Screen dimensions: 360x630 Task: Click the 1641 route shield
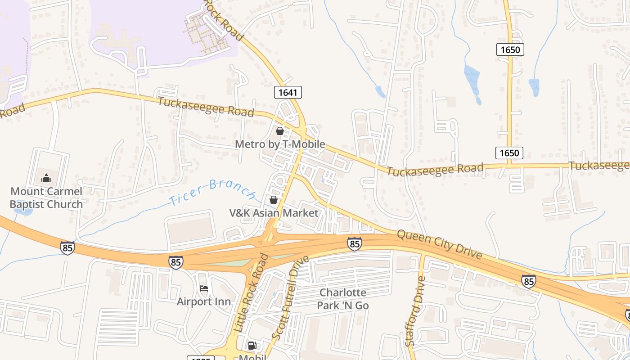point(288,92)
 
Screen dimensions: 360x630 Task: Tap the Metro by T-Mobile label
point(280,144)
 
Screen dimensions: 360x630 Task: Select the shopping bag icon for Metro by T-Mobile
point(279,131)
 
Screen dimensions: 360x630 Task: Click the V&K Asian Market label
point(274,213)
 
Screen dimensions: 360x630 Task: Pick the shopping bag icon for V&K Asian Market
point(273,200)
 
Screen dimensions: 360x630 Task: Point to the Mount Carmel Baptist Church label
point(46,198)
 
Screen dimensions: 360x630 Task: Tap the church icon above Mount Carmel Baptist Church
point(46,179)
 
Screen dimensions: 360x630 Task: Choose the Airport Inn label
point(203,301)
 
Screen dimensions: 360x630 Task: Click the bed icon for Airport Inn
point(204,288)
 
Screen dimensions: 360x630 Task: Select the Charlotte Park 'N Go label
point(343,299)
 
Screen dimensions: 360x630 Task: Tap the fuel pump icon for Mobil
point(252,346)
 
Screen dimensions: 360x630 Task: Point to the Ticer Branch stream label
point(213,192)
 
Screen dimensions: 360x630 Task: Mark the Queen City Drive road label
point(439,245)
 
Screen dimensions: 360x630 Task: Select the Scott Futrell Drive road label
point(291,297)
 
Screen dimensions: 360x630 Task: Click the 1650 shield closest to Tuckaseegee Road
point(509,153)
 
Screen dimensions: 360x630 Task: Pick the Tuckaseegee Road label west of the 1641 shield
point(206,107)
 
